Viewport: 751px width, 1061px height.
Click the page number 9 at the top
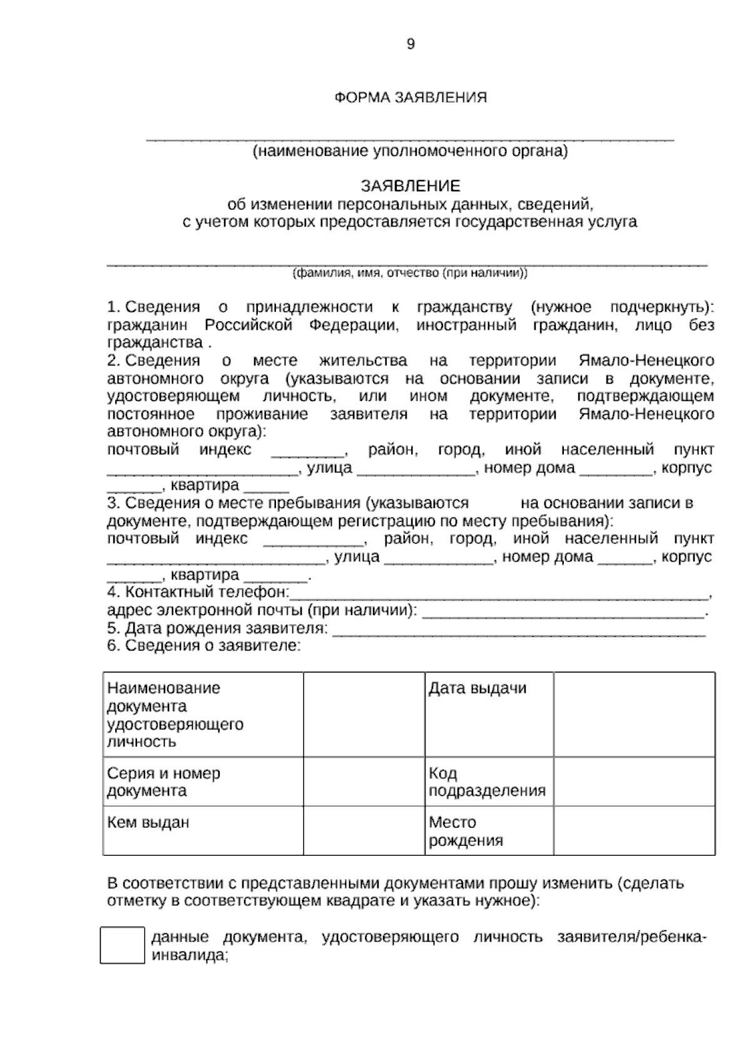(x=411, y=44)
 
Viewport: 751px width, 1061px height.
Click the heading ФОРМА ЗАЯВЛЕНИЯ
(x=411, y=98)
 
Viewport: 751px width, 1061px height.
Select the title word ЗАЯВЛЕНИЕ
(x=411, y=186)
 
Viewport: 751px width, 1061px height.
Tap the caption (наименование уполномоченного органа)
(x=411, y=151)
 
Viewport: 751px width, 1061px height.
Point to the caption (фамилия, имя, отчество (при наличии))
(x=411, y=273)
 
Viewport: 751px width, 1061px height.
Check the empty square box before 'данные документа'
(x=122, y=945)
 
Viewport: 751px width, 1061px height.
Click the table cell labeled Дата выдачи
(x=489, y=714)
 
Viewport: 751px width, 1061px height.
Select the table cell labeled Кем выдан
(x=203, y=830)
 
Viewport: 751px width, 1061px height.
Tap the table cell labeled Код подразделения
(x=489, y=781)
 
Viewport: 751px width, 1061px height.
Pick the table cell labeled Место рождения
(x=489, y=830)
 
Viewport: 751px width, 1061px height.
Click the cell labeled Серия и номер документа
(x=203, y=781)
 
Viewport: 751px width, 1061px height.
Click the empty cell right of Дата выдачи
(x=634, y=714)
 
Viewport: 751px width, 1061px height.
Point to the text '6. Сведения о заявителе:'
(x=204, y=646)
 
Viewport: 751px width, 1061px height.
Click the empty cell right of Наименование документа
(x=364, y=714)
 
